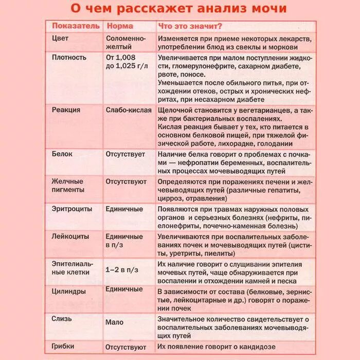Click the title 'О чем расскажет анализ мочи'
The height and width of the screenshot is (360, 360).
178,9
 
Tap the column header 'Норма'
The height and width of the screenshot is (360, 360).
119,26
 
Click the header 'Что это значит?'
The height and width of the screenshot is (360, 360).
191,26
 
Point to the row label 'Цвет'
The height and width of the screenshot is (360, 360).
60,39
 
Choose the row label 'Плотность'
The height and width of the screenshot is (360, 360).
69,57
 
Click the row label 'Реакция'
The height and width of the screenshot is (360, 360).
66,110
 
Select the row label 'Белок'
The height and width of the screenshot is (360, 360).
62,154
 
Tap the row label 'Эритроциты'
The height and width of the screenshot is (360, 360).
72,209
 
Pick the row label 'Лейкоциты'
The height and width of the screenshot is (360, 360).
70,237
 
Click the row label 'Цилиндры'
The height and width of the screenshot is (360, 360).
69,291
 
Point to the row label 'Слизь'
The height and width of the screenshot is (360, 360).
62,319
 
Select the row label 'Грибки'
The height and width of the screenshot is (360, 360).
63,346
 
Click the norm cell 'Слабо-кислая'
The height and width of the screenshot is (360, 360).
129,110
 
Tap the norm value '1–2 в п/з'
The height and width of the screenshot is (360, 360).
122,269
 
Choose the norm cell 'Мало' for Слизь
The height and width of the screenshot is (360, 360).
115,322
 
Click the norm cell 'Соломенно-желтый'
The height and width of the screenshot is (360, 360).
125,43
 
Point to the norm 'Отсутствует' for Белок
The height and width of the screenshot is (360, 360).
125,154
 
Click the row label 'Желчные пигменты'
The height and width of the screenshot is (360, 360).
67,186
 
